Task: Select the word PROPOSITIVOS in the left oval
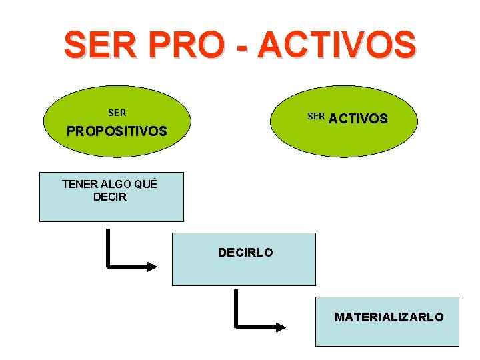[117, 131]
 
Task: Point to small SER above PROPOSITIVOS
[117, 113]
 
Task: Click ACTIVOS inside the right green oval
[358, 119]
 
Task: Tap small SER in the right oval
[316, 117]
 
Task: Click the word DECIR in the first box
[110, 197]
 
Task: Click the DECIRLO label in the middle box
[245, 253]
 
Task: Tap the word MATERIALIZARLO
[389, 317]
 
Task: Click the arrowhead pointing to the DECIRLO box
[153, 266]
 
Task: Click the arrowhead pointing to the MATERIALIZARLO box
[281, 327]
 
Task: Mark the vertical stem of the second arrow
[236, 308]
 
